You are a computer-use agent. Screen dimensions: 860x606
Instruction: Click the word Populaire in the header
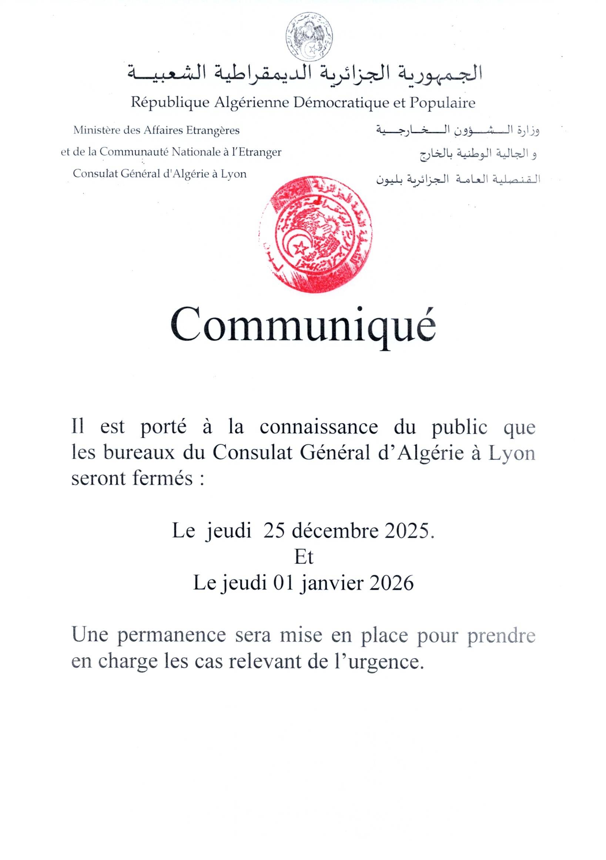pos(442,102)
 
